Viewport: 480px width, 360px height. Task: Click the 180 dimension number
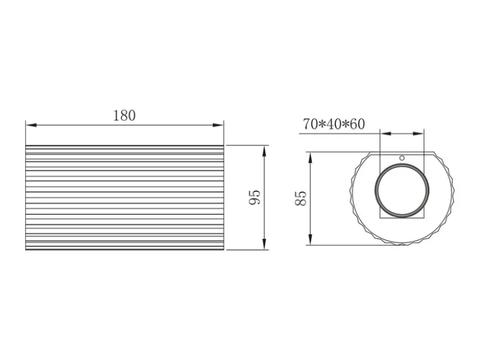pyautogui.click(x=124, y=116)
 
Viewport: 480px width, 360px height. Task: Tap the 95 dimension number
pyautogui.click(x=254, y=198)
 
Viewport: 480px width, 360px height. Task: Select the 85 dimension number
pyautogui.click(x=300, y=198)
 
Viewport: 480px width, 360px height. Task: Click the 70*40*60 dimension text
pyautogui.click(x=334, y=124)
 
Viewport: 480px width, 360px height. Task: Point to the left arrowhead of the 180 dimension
pyautogui.click(x=31, y=125)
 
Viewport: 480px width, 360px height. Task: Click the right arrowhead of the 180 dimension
pyautogui.click(x=218, y=125)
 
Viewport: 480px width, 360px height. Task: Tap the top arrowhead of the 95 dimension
pyautogui.click(x=264, y=151)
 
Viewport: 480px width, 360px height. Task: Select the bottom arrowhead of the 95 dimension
pyautogui.click(x=264, y=244)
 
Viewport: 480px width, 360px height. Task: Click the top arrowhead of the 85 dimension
pyautogui.click(x=310, y=158)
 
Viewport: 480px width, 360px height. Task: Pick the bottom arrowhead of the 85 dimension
pyautogui.click(x=310, y=239)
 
